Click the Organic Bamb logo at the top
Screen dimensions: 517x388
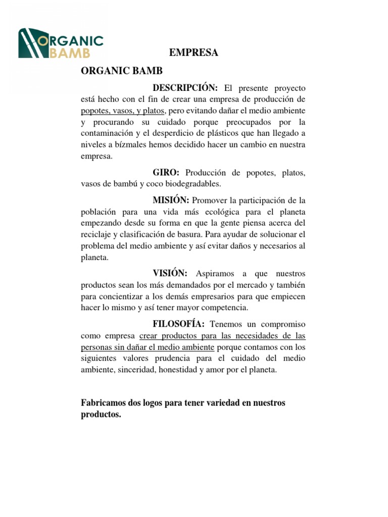click(x=61, y=43)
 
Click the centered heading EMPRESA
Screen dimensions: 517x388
click(x=193, y=53)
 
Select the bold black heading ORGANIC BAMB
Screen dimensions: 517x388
click(x=122, y=71)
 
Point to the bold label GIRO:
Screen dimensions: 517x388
click(x=166, y=173)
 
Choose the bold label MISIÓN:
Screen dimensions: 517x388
click(x=171, y=200)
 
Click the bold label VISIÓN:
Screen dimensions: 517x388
click(x=170, y=273)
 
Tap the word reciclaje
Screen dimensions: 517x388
click(x=96, y=235)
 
